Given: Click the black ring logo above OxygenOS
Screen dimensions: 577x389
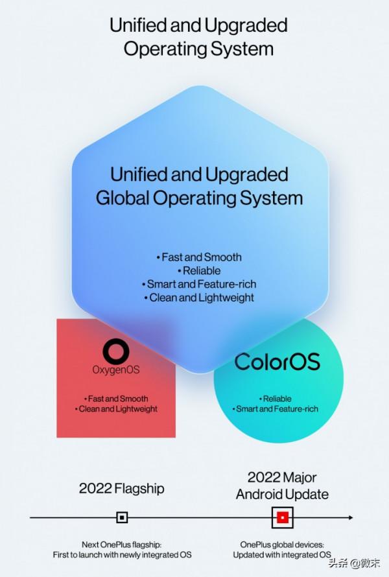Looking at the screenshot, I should pos(116,351).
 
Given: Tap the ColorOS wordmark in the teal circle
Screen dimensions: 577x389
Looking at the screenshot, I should pos(277,362).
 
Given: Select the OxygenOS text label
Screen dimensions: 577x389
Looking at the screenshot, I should pos(116,370).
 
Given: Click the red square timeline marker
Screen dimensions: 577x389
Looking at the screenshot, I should pos(283,517).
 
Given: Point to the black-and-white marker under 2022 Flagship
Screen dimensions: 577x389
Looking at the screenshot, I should pos(122,517).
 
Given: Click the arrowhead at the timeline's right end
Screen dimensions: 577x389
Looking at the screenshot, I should pos(351,517).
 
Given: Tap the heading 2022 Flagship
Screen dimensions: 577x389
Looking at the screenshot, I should pos(121,488).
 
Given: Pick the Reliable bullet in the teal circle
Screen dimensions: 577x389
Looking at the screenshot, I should pos(276,399).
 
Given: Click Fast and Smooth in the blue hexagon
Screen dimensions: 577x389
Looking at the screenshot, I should pos(199,257).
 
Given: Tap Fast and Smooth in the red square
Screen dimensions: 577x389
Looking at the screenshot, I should pos(116,399).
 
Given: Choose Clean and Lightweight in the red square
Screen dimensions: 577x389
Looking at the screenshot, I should pos(116,409).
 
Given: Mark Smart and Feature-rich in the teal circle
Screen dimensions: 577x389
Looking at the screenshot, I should pos(276,409).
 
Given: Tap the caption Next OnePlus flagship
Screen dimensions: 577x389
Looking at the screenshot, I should pos(122,545).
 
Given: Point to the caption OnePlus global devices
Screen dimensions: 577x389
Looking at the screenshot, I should pos(282,545).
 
